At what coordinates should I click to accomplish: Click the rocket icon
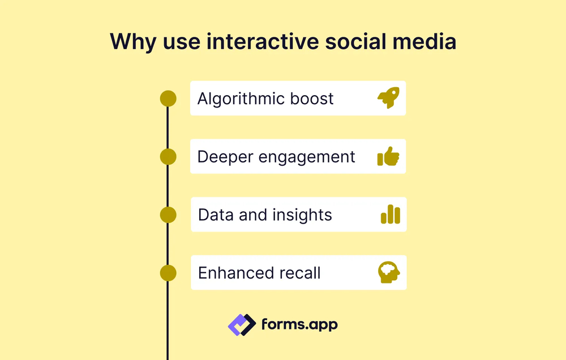[x=389, y=98]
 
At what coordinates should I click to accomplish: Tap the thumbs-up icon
[x=388, y=157]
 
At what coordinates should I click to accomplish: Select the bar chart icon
[x=391, y=215]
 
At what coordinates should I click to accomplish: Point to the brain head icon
[x=389, y=272]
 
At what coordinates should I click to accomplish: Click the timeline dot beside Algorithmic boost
[x=168, y=98]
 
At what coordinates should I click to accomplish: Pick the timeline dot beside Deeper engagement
[x=168, y=157]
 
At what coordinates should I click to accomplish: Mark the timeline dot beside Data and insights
[x=168, y=215]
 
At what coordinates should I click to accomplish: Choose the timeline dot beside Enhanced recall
[x=168, y=273]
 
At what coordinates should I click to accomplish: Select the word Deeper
[x=222, y=157]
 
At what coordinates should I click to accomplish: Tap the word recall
[x=299, y=273]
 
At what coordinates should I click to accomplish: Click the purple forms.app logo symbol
[x=242, y=324]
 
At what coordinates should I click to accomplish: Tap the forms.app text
[x=299, y=325]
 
